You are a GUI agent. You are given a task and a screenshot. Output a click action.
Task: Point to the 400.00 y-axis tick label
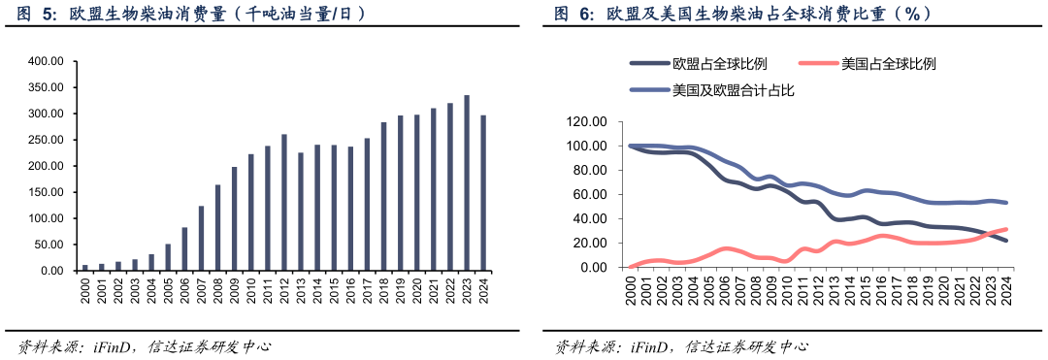pyautogui.click(x=45, y=61)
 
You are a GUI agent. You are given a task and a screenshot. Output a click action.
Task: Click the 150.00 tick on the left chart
pyautogui.click(x=45, y=192)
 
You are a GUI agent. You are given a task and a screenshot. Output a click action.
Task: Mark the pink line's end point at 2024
pyautogui.click(x=1006, y=229)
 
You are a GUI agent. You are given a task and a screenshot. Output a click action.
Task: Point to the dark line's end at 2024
pyautogui.click(x=1006, y=241)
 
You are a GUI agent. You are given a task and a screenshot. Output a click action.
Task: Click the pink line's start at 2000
pyautogui.click(x=631, y=266)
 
